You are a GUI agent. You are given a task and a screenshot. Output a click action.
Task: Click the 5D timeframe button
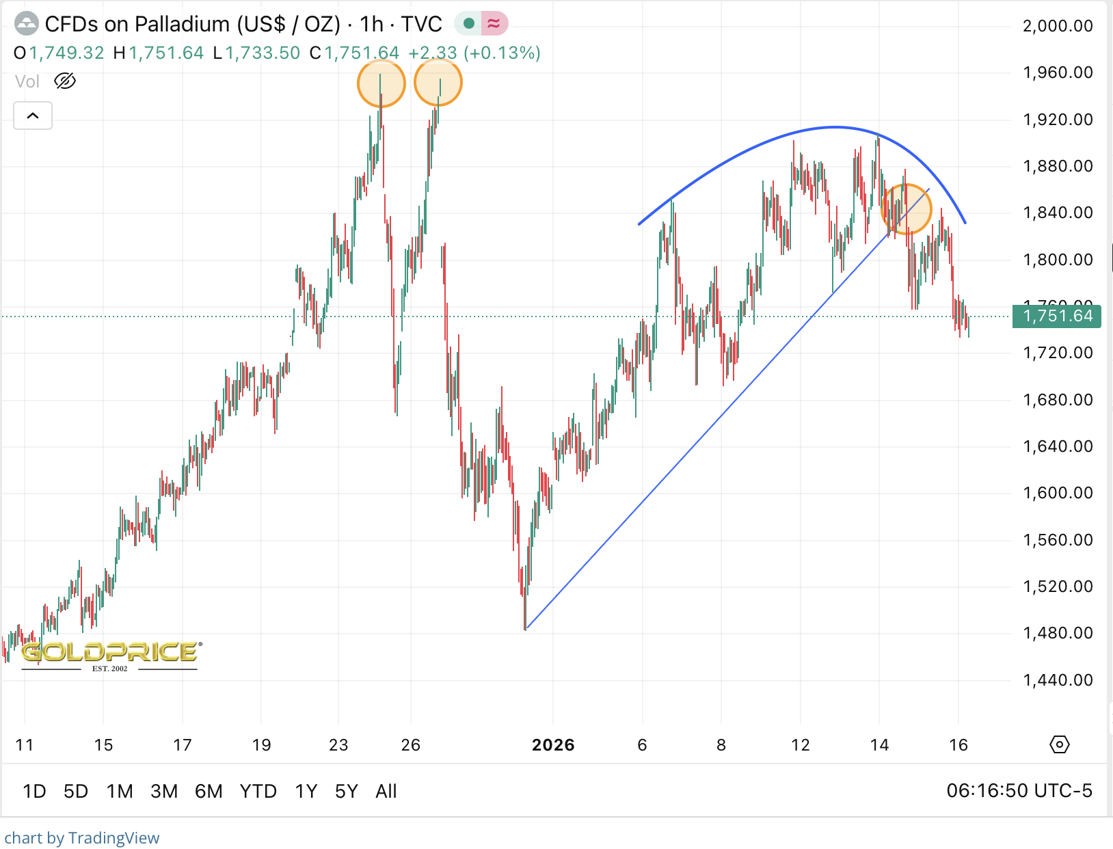coord(76,791)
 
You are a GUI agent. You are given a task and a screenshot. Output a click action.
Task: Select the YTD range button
coord(258,791)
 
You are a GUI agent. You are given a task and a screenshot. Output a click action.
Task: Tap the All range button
coord(386,791)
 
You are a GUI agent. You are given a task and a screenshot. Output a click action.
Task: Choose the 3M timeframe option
coord(164,791)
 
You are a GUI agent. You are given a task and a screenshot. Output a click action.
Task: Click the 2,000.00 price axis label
coord(1057,26)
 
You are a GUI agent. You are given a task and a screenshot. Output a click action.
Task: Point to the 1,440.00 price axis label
coord(1057,679)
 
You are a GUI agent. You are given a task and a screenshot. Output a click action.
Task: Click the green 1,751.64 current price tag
coord(1057,316)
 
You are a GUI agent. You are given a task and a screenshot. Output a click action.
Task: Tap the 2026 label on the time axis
coord(553,744)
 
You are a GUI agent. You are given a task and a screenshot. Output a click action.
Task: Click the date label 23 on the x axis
coord(338,744)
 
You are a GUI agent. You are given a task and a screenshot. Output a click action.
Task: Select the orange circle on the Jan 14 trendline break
coord(907,209)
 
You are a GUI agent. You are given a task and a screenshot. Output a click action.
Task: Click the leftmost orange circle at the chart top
coord(381,83)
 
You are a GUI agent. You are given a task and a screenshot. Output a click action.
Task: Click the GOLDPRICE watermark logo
coord(110,653)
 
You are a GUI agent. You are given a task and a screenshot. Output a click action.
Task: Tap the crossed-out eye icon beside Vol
coord(65,81)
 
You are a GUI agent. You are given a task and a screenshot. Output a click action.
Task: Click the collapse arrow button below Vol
coord(33,116)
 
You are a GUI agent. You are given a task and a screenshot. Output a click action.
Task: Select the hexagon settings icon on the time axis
coord(1059,744)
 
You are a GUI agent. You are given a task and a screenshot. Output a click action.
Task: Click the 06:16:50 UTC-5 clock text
coord(1019,791)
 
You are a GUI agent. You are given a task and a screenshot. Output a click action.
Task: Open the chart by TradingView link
coord(82,838)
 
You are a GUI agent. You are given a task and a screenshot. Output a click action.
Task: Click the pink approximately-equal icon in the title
coord(494,24)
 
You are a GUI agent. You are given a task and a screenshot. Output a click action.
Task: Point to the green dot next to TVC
coord(469,24)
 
